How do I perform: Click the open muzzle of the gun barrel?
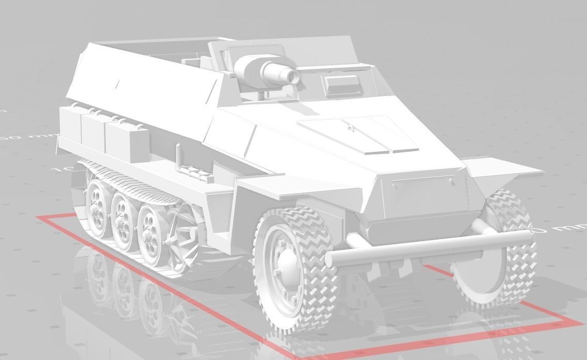[x=294, y=77]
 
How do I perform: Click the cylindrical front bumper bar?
[x=429, y=247]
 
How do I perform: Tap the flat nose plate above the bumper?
[x=422, y=195]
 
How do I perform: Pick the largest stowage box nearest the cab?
[x=124, y=138]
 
